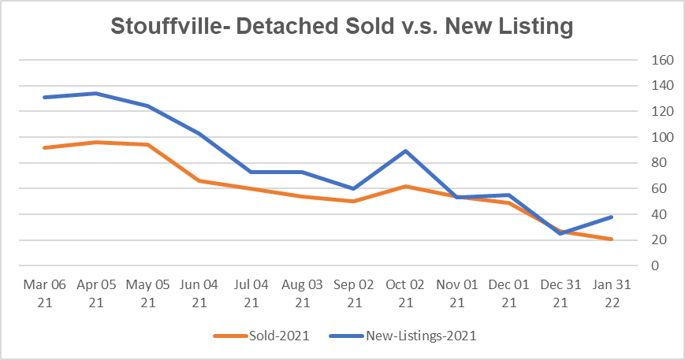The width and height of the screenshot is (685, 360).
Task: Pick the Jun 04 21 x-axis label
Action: click(200, 293)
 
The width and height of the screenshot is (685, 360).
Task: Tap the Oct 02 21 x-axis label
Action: click(405, 293)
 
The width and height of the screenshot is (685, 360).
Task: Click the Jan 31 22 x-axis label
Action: click(610, 293)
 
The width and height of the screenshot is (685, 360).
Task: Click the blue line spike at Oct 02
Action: click(405, 150)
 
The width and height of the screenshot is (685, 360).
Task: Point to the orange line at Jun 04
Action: click(200, 180)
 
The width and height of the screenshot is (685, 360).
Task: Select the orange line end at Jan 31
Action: click(611, 239)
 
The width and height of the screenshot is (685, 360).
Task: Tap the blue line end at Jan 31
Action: click(611, 217)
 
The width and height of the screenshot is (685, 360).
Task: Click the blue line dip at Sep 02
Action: click(354, 188)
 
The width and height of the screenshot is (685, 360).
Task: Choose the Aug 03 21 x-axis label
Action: click(303, 293)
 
